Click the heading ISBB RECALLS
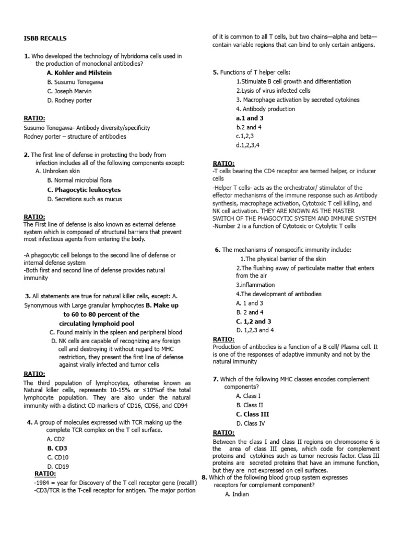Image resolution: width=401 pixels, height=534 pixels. (x=45, y=38)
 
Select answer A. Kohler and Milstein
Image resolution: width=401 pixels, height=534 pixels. (x=79, y=72)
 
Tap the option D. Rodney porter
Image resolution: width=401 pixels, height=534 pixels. (x=70, y=100)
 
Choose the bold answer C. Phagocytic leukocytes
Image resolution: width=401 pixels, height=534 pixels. (x=84, y=190)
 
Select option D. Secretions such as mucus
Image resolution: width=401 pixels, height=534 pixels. (x=84, y=199)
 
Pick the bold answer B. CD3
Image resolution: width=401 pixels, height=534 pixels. (x=57, y=447)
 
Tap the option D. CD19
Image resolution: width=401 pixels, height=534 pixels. (x=58, y=466)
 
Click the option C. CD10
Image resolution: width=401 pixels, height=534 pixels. (x=58, y=457)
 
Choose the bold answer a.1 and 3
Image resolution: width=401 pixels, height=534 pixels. (x=250, y=118)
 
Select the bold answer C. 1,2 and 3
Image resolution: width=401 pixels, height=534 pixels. (x=254, y=321)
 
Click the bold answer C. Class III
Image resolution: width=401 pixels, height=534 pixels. (x=253, y=414)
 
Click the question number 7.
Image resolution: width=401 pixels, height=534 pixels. (x=215, y=379)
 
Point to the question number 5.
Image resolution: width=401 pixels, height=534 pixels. (x=215, y=72)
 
